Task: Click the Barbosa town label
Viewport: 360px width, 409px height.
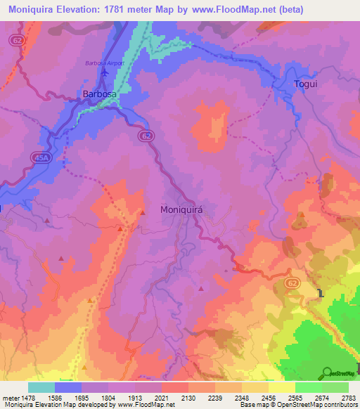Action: pos(100,93)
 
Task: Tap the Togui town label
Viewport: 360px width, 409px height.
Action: pos(305,84)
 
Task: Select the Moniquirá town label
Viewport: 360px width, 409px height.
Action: pos(186,209)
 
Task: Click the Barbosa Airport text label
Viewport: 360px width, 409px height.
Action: pos(104,63)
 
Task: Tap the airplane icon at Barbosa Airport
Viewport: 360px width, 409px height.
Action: pos(105,72)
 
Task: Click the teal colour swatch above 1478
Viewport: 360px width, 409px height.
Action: pos(41,387)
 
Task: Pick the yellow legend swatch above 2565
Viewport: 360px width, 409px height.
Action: pos(281,387)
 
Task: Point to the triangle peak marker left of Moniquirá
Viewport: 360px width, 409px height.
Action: pos(143,212)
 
